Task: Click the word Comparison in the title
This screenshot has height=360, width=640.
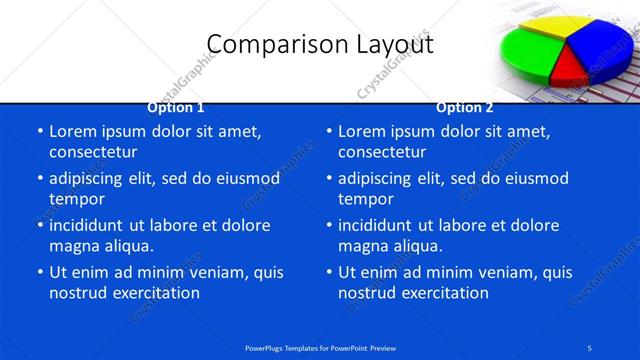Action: (x=264, y=45)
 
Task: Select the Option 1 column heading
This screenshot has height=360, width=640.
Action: (x=176, y=107)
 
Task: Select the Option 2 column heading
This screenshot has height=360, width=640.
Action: (x=464, y=107)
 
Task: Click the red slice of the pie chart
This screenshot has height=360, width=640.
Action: (x=568, y=69)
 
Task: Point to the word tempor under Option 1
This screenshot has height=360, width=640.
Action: (x=77, y=199)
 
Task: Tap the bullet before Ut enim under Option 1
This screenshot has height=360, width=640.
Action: (x=39, y=272)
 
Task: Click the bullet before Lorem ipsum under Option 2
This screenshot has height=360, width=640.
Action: (x=328, y=131)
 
